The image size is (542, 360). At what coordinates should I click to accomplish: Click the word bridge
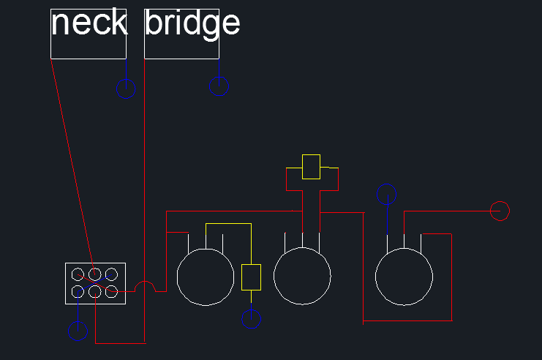192,24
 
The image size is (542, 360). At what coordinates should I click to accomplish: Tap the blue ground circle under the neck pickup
126,98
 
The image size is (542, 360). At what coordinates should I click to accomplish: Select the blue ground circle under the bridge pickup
219,95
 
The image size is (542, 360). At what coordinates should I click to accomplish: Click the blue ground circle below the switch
78,340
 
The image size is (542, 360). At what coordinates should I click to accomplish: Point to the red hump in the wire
145,282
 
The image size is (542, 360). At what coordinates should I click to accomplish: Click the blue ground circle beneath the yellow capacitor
252,328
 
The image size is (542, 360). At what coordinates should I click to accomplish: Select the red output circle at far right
500,201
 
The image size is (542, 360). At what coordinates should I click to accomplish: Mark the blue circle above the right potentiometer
386,184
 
